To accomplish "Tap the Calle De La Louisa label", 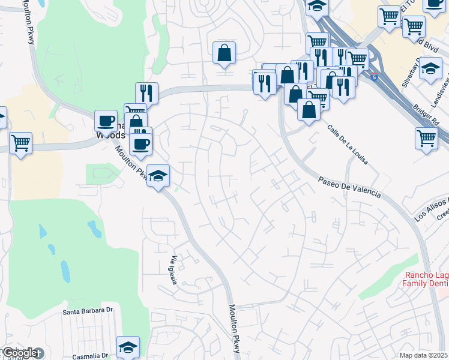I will [348, 144].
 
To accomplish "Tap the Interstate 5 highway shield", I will [375, 77].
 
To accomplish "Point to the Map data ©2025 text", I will [424, 355].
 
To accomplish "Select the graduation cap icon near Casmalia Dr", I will [127, 347].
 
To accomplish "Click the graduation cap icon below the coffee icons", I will [158, 175].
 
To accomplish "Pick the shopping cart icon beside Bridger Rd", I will [426, 138].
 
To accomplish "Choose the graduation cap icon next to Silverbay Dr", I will [430, 68].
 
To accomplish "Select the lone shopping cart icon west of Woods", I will [20, 143].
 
